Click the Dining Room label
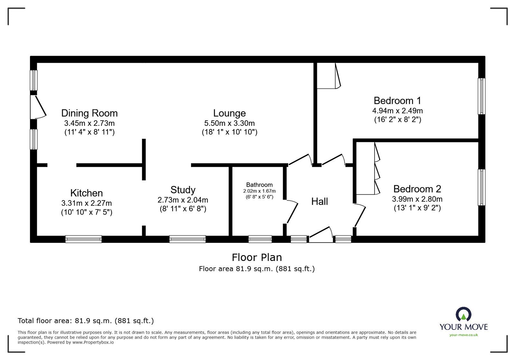pyautogui.click(x=89, y=113)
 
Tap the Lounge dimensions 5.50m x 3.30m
pyautogui.click(x=229, y=123)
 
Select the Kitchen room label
pyautogui.click(x=87, y=193)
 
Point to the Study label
pyautogui.click(x=183, y=190)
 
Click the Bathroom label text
pyautogui.click(x=259, y=185)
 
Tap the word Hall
pyautogui.click(x=319, y=202)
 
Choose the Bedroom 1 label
pyautogui.click(x=397, y=101)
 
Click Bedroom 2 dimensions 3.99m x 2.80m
pyautogui.click(x=417, y=199)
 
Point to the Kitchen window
pyautogui.click(x=83, y=239)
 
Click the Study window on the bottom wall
pyautogui.click(x=187, y=239)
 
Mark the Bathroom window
pyautogui.click(x=260, y=239)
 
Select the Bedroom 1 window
pyautogui.click(x=481, y=96)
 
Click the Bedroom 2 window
pyautogui.click(x=481, y=187)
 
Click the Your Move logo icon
pyautogui.click(x=464, y=314)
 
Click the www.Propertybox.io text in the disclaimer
pyautogui.click(x=93, y=343)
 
